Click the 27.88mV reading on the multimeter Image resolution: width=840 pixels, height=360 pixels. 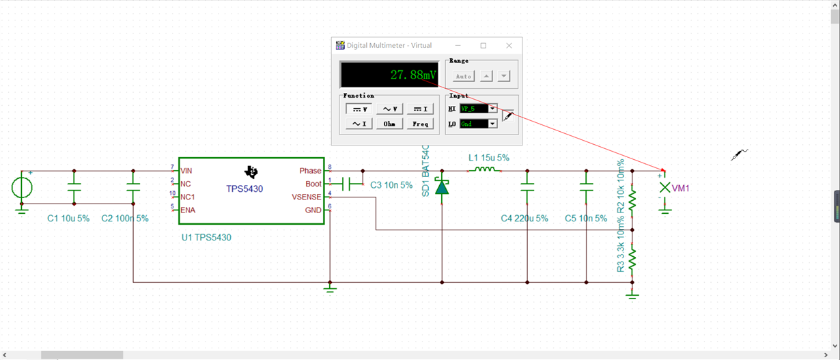point(414,75)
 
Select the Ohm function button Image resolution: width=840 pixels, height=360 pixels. point(389,124)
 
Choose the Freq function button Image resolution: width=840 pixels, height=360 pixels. point(421,124)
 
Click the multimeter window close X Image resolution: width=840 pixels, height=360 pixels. point(509,45)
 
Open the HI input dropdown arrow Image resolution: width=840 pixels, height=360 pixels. point(492,109)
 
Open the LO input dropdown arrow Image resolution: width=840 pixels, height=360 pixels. point(492,124)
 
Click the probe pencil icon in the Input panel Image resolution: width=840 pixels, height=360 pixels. point(508,116)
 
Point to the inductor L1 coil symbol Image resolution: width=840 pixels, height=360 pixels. point(484,169)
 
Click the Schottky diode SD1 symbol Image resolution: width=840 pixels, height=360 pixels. point(442,186)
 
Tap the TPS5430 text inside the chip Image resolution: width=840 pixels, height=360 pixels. point(244,189)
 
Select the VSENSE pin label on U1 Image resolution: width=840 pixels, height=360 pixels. point(307,197)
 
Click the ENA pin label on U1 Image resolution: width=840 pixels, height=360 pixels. point(188,210)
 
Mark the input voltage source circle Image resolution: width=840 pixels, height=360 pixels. point(22,187)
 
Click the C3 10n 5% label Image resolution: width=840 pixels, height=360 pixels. point(391,185)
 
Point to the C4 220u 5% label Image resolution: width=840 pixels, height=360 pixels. point(524,218)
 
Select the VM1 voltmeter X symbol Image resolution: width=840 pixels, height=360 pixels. point(665,187)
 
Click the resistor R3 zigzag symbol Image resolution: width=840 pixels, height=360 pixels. point(632,258)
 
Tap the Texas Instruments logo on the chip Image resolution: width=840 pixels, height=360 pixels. point(251,171)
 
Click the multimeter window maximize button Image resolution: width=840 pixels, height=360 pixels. point(484,45)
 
